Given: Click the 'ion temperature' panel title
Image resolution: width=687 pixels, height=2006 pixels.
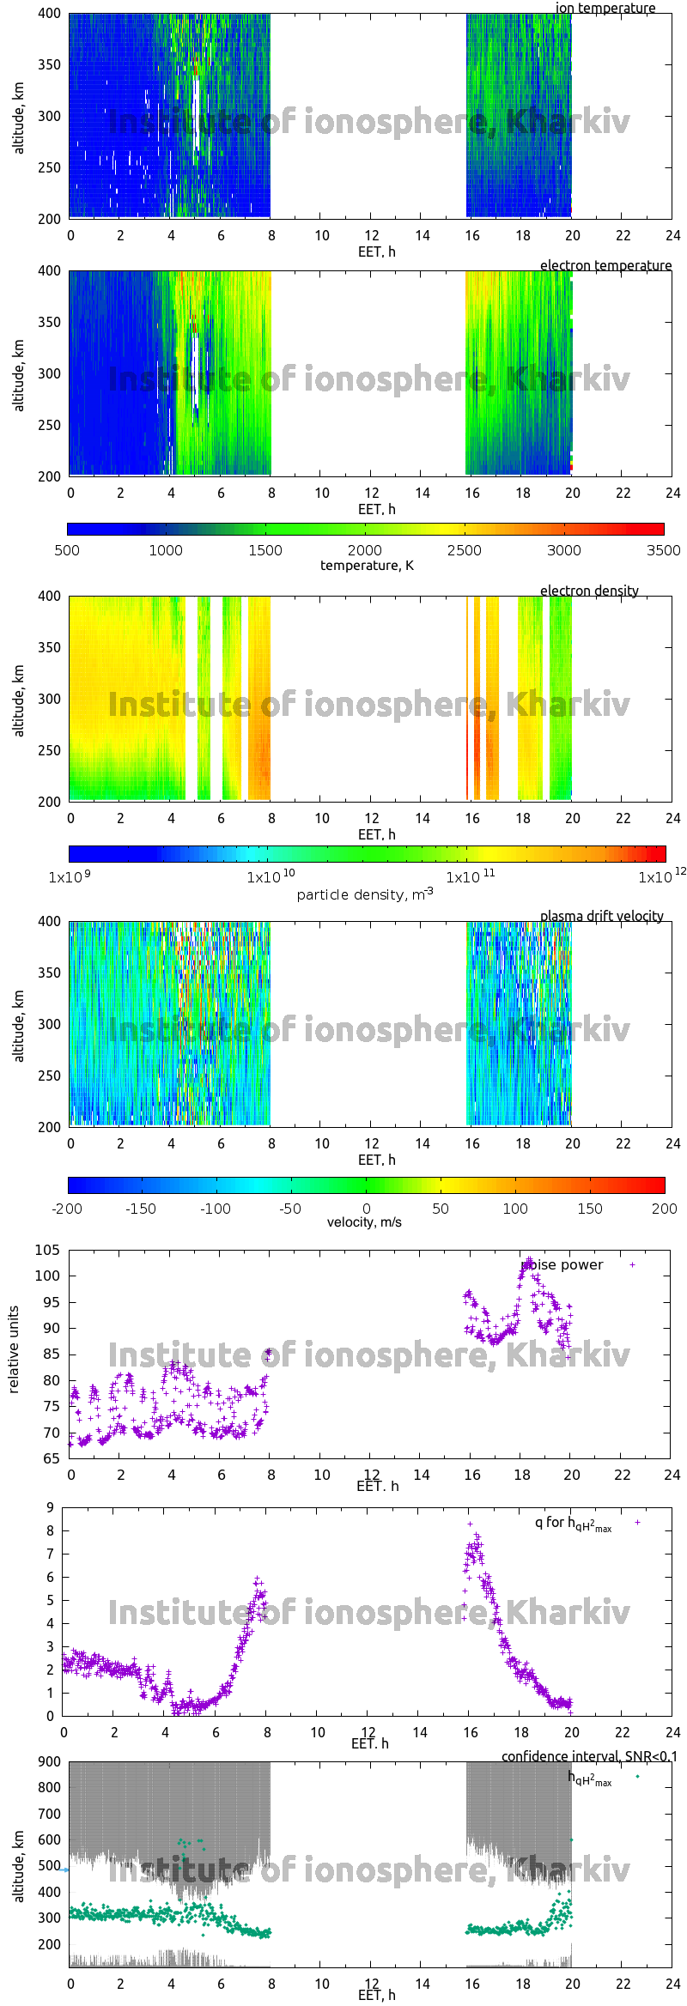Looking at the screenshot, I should coord(605,8).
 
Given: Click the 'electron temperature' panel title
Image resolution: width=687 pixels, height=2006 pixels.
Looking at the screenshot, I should coord(605,265).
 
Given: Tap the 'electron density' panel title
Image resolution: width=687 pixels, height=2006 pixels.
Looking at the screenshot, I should coord(589,591).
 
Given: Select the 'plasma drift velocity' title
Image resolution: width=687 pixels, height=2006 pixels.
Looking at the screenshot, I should coord(601,916).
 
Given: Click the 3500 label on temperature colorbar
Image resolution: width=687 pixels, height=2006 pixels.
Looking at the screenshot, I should coord(663,550).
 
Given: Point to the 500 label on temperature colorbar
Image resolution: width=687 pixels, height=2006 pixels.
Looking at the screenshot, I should coord(67,550).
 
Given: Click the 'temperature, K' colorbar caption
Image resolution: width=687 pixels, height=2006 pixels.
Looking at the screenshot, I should coord(367,565).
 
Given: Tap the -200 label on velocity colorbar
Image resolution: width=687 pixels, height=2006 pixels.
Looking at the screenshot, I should coord(67,1208).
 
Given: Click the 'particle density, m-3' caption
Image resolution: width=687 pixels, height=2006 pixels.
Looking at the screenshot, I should coord(365,894).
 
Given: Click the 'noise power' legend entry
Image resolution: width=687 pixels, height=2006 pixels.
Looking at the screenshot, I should coord(562,1264).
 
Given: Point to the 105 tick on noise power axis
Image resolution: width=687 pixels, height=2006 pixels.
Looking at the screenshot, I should coord(47,1250).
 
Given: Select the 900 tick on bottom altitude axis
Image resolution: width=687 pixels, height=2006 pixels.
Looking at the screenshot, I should coord(50,1761).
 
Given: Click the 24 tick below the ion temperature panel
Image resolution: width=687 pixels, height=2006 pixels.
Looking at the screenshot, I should coord(672,235).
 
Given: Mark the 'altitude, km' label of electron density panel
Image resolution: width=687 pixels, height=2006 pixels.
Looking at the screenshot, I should coord(19,699).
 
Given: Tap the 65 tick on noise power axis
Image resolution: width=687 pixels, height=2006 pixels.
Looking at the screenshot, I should coord(50,1458).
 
